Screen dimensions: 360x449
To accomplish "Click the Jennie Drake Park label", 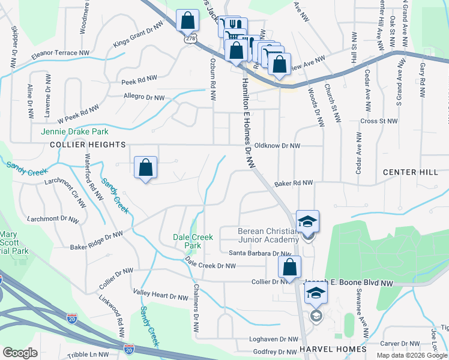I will pos(74,131).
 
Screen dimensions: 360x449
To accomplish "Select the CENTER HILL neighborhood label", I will pos(411,172).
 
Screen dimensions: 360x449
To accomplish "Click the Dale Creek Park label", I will pos(193,241).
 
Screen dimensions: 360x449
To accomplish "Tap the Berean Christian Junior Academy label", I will pos(268,235).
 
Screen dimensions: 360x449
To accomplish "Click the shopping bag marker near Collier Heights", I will pos(146,169).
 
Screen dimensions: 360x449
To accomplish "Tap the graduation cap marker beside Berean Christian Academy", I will pos(307,223).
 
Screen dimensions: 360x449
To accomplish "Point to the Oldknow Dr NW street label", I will pos(277,145).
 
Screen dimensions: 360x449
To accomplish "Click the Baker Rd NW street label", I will pos(294,182).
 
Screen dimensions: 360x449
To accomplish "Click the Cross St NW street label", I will pos(379,121).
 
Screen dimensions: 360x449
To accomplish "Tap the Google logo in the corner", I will pos(20,353).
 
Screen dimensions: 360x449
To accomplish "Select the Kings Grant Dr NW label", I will pos(137,37).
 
